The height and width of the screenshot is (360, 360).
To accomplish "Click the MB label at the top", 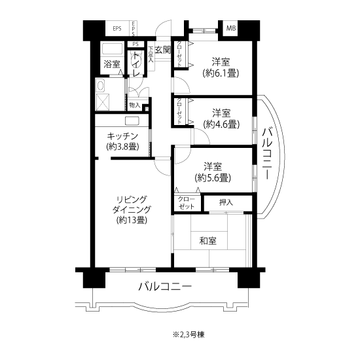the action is click(x=231, y=28).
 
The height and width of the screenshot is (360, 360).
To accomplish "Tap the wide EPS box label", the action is click(x=117, y=29).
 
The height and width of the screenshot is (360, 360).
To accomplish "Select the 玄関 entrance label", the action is click(x=163, y=50).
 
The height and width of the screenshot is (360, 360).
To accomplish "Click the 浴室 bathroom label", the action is click(x=112, y=64).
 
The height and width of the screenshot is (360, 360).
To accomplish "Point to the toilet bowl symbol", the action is click(x=135, y=59).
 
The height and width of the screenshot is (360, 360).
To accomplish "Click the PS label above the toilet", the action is click(x=135, y=44).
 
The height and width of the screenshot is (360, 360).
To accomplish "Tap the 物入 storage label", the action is click(x=135, y=105).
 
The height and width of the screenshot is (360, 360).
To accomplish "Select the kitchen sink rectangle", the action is click(x=132, y=121).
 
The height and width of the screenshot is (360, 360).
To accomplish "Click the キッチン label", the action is click(x=122, y=137).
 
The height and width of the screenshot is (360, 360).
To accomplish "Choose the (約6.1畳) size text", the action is click(x=221, y=73).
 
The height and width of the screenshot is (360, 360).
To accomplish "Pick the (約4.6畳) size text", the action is click(x=221, y=124).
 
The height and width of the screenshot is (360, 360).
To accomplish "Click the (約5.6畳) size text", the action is click(x=213, y=178).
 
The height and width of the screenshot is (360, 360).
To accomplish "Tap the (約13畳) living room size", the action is click(x=132, y=220).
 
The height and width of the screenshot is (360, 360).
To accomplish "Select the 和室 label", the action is click(x=208, y=241).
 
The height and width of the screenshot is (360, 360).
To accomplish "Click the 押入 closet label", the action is click(x=226, y=202).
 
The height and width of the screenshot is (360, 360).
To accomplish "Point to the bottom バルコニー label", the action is click(x=165, y=286).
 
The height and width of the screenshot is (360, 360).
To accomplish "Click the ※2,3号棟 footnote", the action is click(x=189, y=334).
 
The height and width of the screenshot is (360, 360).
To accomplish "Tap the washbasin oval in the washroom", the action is click(x=100, y=86).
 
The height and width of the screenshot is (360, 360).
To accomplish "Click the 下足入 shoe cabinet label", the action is click(x=151, y=54).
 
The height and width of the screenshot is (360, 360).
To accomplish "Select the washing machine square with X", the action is click(x=103, y=102).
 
